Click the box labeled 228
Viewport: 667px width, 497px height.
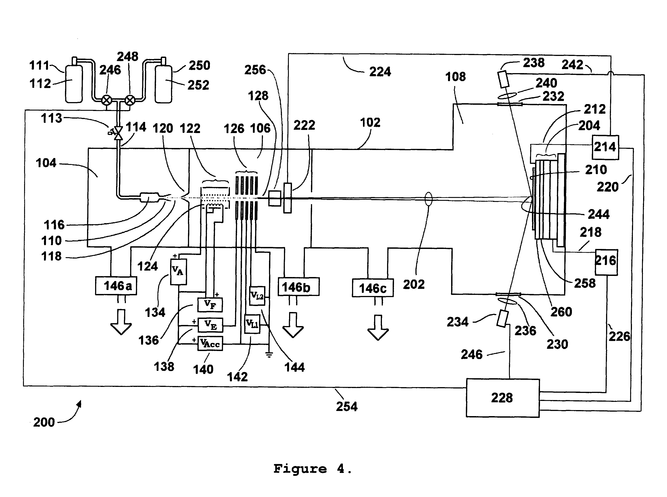point(502,398)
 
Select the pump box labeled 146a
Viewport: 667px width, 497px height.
point(116,285)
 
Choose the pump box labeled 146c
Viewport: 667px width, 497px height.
point(373,288)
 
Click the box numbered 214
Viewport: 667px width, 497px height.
point(605,147)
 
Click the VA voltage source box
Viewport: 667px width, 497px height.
point(178,272)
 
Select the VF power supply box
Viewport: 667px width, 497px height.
point(210,305)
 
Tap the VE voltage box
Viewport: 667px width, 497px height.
point(210,325)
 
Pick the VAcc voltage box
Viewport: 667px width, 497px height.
point(210,343)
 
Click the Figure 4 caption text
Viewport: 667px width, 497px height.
point(313,469)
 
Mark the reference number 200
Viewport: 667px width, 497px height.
point(44,422)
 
